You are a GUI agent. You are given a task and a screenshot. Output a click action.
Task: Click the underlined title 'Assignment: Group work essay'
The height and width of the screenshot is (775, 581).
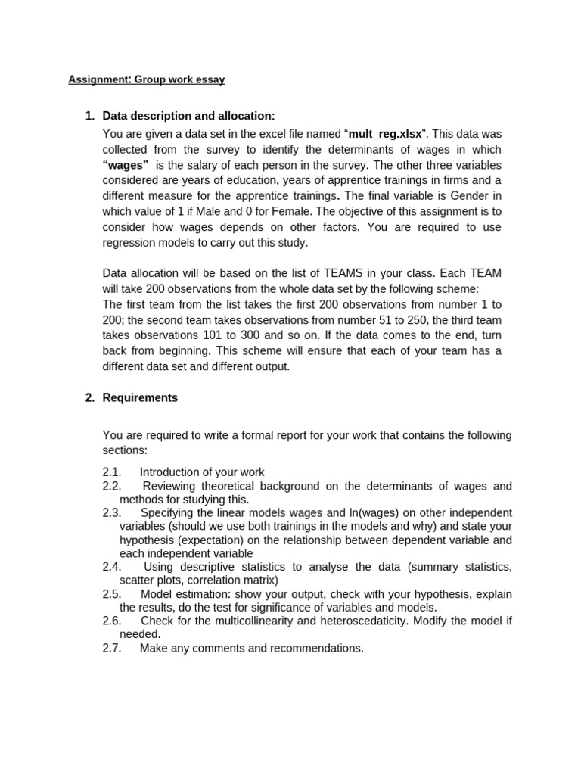tap(146, 79)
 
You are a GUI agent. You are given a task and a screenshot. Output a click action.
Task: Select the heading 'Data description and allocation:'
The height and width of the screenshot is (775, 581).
tap(188, 116)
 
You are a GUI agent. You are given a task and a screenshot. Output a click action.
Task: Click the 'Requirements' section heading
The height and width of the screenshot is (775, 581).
tap(140, 397)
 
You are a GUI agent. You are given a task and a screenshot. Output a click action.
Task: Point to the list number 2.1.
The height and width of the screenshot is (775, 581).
tap(112, 472)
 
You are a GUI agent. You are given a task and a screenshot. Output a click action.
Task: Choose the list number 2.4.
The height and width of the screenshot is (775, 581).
tap(112, 566)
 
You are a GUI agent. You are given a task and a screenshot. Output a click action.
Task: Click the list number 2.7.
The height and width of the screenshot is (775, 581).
tap(112, 648)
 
